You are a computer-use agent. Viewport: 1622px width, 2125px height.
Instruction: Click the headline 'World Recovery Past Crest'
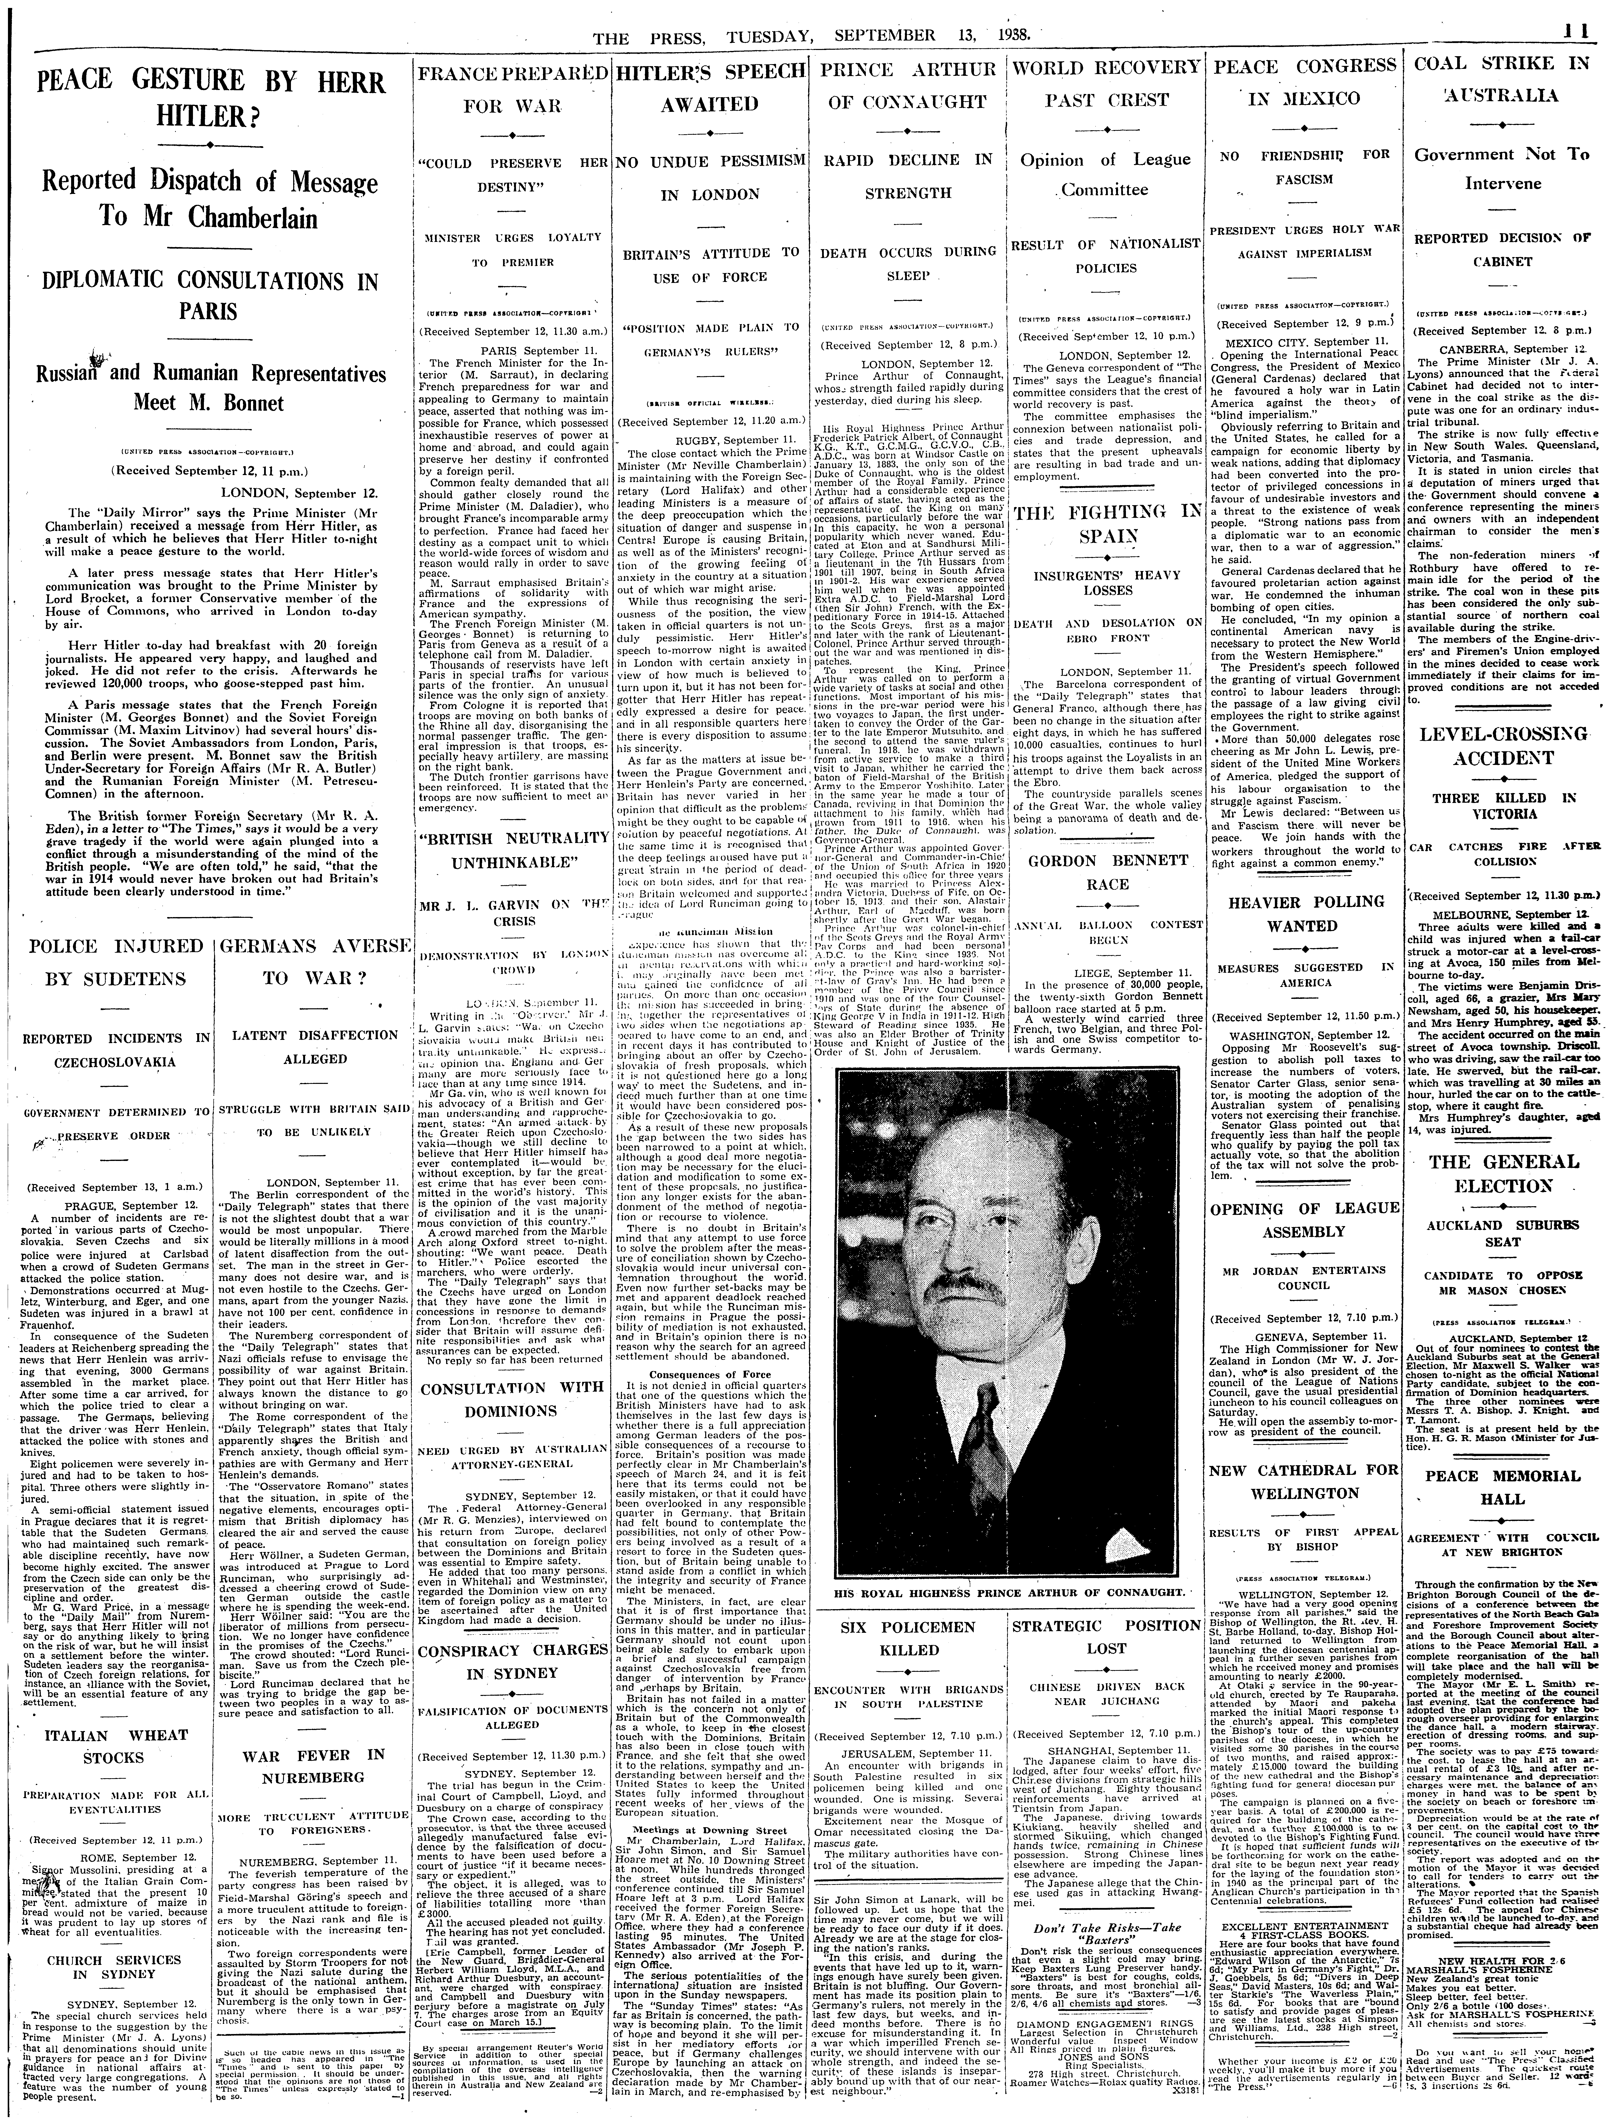coord(1105,83)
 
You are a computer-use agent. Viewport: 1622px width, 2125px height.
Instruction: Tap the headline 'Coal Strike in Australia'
coord(1501,79)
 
